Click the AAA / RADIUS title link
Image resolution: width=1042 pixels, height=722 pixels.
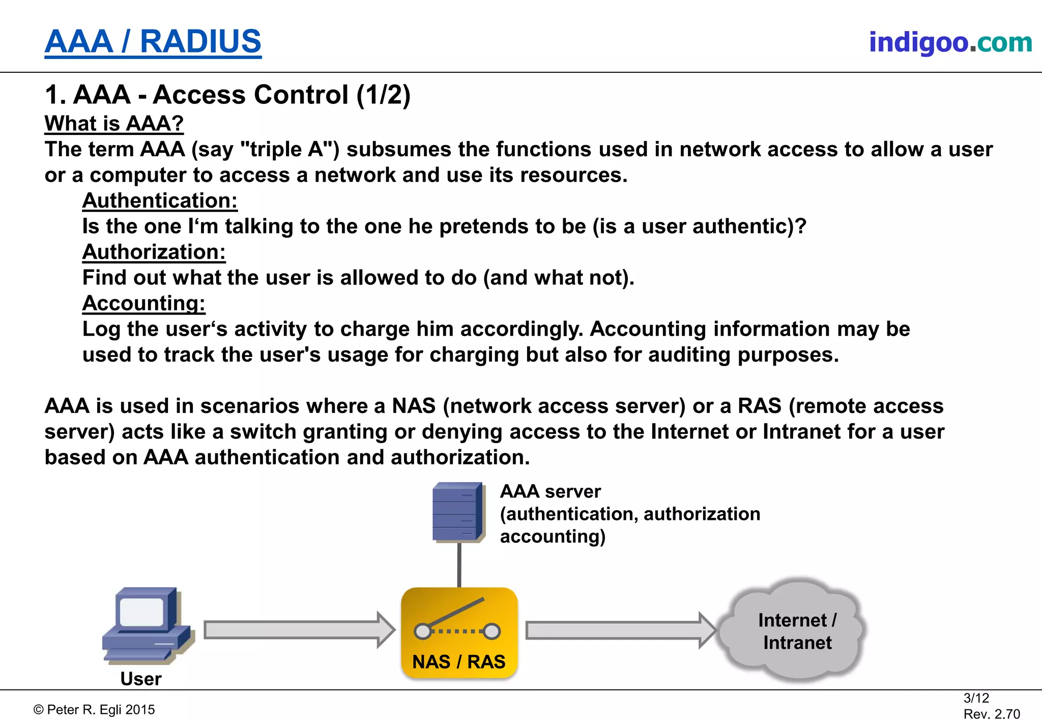pos(153,42)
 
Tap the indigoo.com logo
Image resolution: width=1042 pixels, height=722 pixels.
pos(950,42)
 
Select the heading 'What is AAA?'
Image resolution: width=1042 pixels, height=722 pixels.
pos(114,124)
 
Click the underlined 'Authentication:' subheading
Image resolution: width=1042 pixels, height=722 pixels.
pos(160,201)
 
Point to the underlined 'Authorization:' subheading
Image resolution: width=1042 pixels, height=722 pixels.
pos(154,252)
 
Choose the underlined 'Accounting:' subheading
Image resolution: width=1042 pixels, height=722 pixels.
pos(143,303)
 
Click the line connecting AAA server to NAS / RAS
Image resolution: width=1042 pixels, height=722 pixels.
pos(459,565)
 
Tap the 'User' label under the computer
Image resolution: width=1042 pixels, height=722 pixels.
pos(141,679)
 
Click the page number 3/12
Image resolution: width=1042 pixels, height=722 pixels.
pos(976,698)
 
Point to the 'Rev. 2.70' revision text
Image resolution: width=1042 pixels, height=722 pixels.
pos(991,714)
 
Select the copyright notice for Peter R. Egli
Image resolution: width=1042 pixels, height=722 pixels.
pos(94,710)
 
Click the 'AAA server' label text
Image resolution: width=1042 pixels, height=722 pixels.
pos(550,492)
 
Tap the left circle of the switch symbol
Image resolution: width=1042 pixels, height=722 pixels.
pos(422,632)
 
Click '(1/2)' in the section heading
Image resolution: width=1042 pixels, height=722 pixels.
pos(383,95)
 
